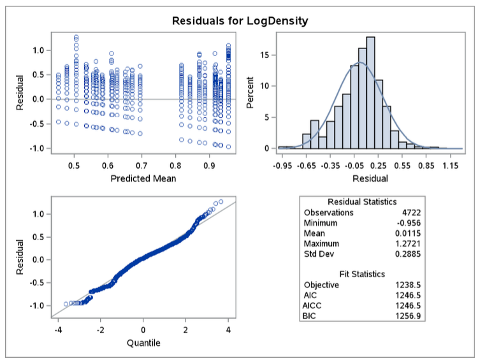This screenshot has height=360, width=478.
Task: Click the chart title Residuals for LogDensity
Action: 240,21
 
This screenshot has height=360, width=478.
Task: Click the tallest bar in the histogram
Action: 371,92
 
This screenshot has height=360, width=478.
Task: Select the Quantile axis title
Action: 143,343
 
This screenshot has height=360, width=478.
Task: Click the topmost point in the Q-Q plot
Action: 221,202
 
